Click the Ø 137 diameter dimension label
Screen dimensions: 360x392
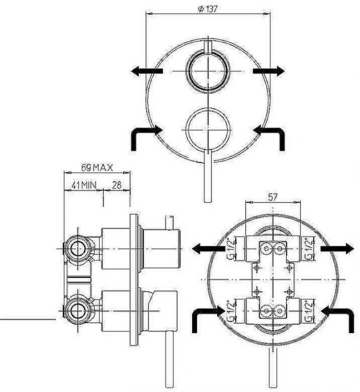coord(208,9)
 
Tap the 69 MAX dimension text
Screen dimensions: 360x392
coord(97,167)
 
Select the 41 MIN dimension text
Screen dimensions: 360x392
coord(84,185)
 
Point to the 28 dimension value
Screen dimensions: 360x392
coord(116,185)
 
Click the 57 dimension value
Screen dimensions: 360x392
coord(273,197)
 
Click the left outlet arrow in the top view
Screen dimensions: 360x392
coord(147,71)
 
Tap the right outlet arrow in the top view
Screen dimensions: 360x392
coord(269,71)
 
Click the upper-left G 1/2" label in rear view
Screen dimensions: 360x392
coord(232,249)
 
